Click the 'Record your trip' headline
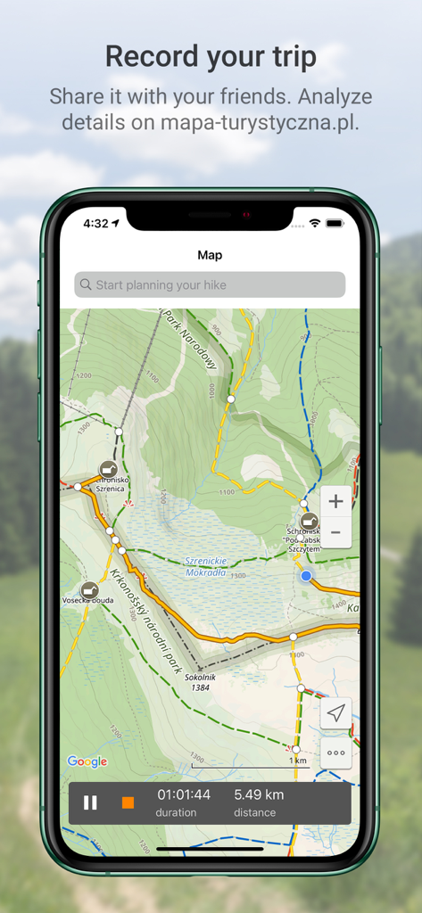[211, 57]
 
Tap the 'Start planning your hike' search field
[210, 285]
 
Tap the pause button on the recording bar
[90, 802]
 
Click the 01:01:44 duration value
[184, 794]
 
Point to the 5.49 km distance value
[259, 794]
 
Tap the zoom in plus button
[335, 501]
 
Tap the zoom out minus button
[335, 532]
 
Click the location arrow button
[335, 713]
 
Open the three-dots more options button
[335, 753]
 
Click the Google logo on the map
[87, 761]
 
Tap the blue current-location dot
[306, 576]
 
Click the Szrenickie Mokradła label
[206, 566]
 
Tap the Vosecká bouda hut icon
[89, 589]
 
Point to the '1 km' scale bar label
[297, 761]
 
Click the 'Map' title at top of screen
[210, 255]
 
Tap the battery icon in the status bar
[335, 223]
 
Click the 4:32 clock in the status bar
[95, 223]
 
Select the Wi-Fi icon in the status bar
[314, 223]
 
